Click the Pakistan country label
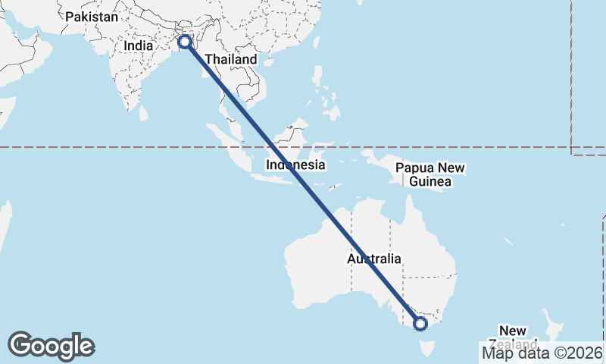point(92,17)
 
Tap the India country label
point(139,45)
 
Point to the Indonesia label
point(295,165)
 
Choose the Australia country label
point(374,259)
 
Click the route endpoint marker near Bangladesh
point(184,41)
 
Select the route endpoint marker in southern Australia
point(420,324)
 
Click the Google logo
point(52,345)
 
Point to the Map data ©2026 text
point(542,352)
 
